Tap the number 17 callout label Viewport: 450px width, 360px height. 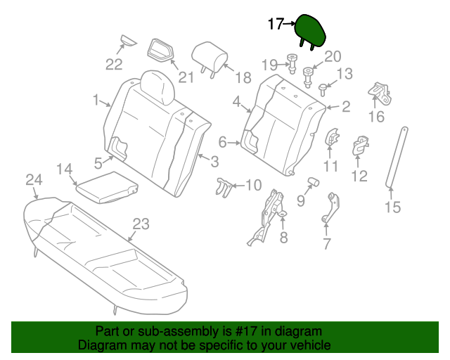(276, 25)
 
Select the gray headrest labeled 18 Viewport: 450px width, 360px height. (210, 54)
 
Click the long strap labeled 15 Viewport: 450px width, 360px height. (397, 158)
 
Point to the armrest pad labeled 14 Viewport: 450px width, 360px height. (105, 188)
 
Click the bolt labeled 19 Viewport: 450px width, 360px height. (290, 63)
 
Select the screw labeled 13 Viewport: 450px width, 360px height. (323, 89)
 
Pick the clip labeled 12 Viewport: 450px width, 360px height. (359, 144)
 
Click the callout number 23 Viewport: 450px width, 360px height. (141, 224)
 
